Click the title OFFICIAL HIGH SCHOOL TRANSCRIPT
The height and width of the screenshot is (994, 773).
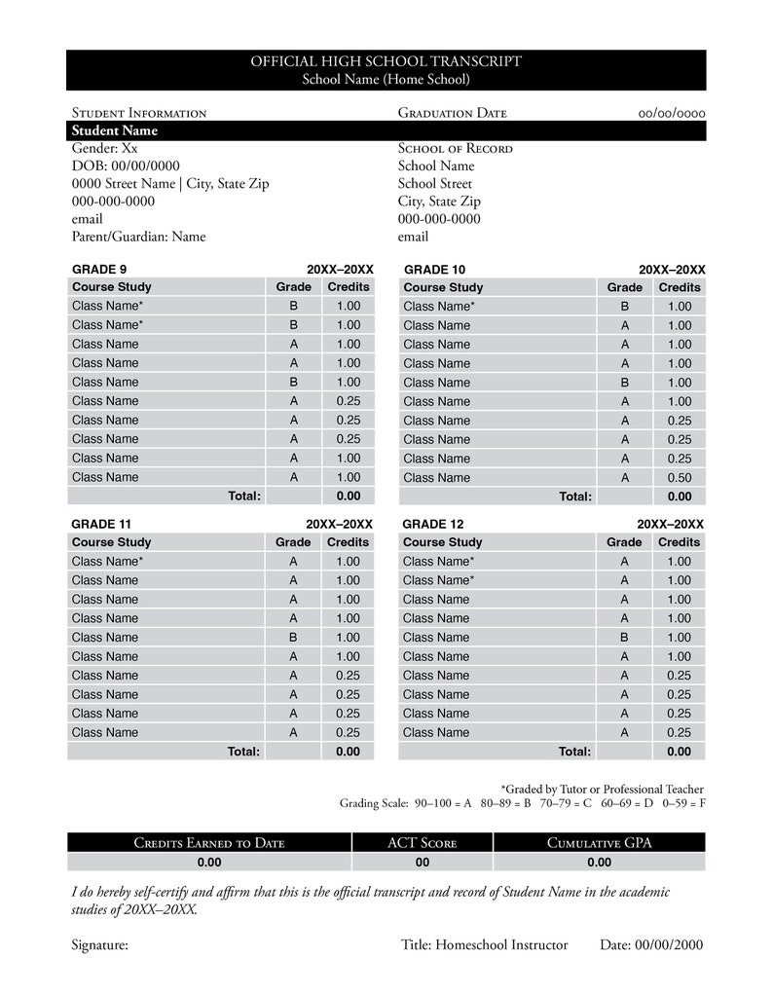(386, 61)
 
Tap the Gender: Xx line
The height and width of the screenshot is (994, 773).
(105, 148)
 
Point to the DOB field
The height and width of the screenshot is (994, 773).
(126, 166)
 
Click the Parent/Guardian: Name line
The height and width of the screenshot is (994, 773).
(138, 236)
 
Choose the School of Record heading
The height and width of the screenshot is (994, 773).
(455, 148)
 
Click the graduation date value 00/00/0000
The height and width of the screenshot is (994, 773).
(672, 113)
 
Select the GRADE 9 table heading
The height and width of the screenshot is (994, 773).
(99, 269)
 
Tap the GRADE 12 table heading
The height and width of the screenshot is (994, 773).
(433, 524)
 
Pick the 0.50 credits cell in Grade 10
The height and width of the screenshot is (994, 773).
(679, 477)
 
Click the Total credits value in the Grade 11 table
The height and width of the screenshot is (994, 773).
(348, 751)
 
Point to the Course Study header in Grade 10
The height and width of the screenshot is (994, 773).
(443, 287)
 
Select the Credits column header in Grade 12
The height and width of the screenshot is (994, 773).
(679, 542)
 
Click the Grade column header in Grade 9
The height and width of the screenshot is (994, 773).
(293, 287)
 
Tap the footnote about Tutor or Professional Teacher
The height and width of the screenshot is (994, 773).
(602, 789)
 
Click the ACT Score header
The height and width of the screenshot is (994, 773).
(423, 843)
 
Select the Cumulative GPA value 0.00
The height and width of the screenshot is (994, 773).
(599, 862)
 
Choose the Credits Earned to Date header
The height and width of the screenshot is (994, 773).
(209, 843)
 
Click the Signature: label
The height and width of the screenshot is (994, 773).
(100, 944)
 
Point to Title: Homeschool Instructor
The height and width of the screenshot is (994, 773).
(484, 944)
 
